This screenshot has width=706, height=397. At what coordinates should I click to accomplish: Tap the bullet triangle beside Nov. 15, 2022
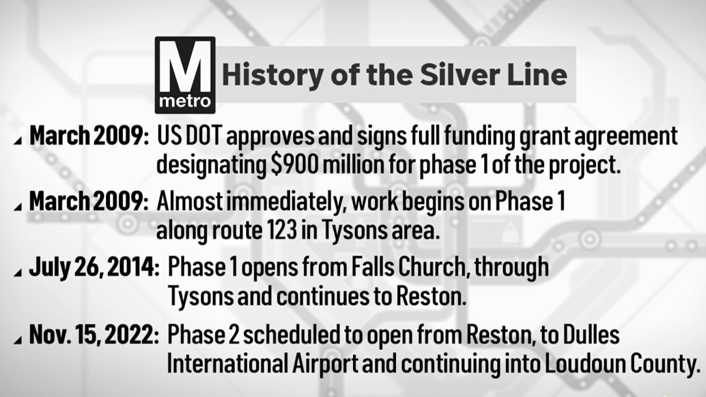click(20, 341)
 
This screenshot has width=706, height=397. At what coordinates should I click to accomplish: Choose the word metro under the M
click(184, 101)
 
